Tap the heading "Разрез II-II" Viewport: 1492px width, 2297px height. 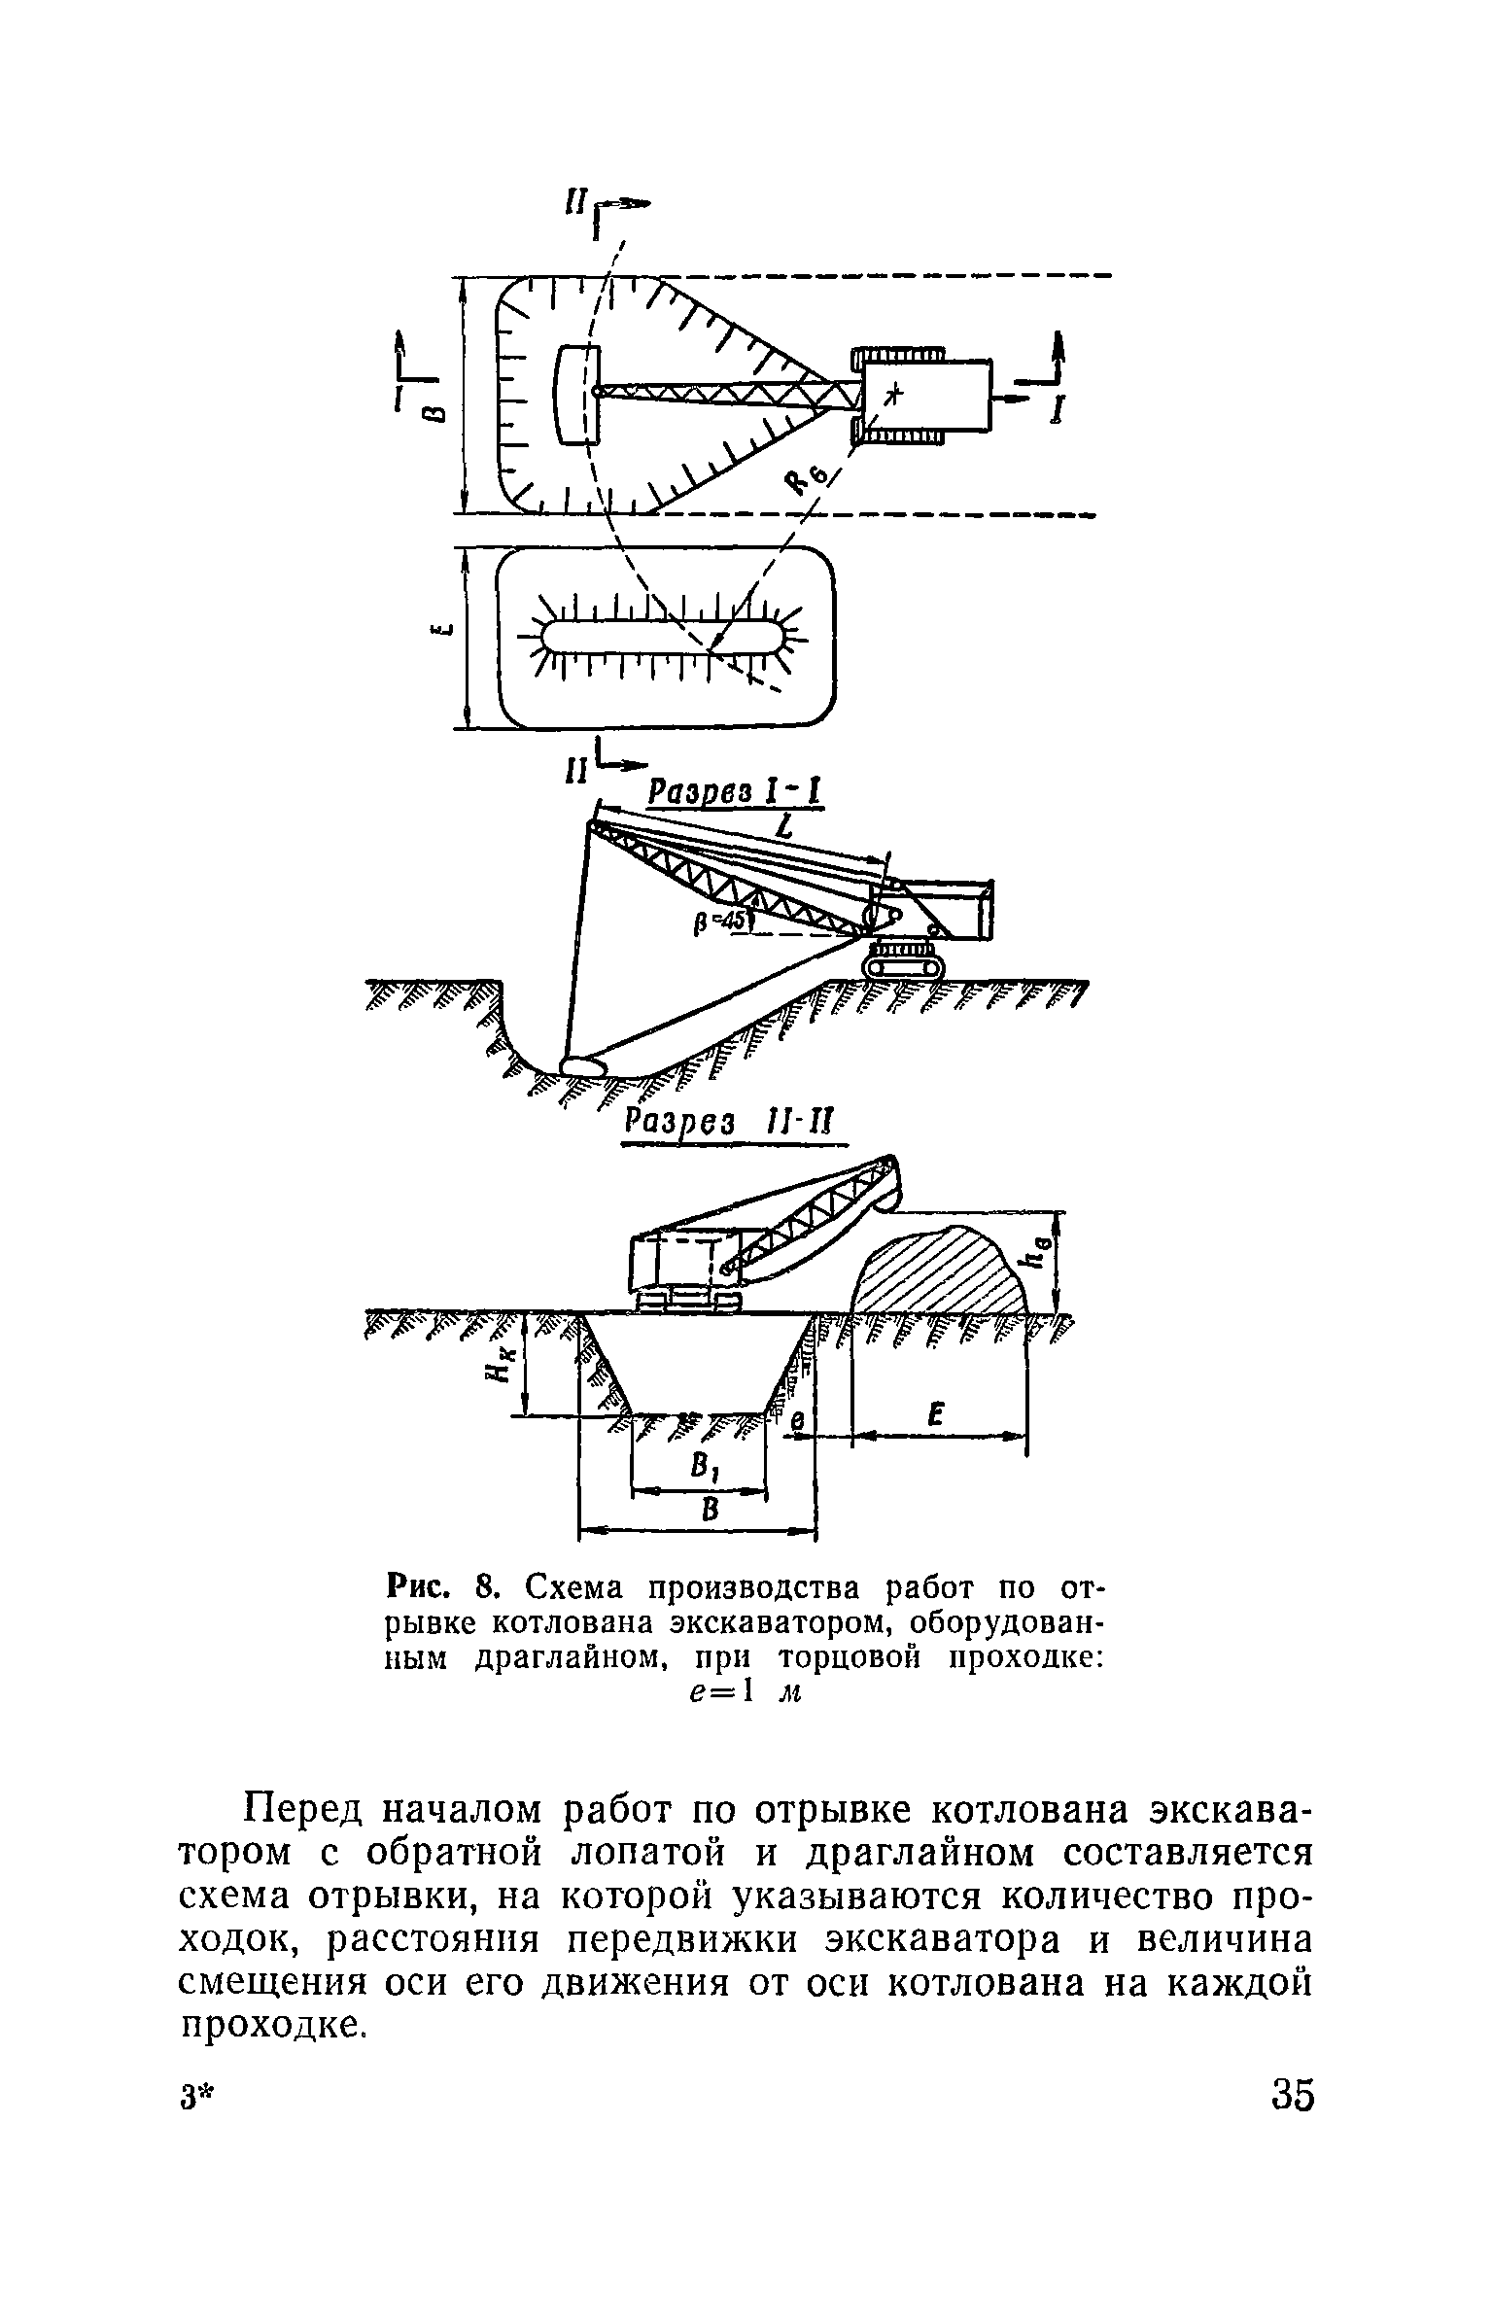click(736, 1123)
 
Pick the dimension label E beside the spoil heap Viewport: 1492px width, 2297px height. click(937, 1415)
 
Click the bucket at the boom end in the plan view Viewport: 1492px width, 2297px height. click(574, 395)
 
